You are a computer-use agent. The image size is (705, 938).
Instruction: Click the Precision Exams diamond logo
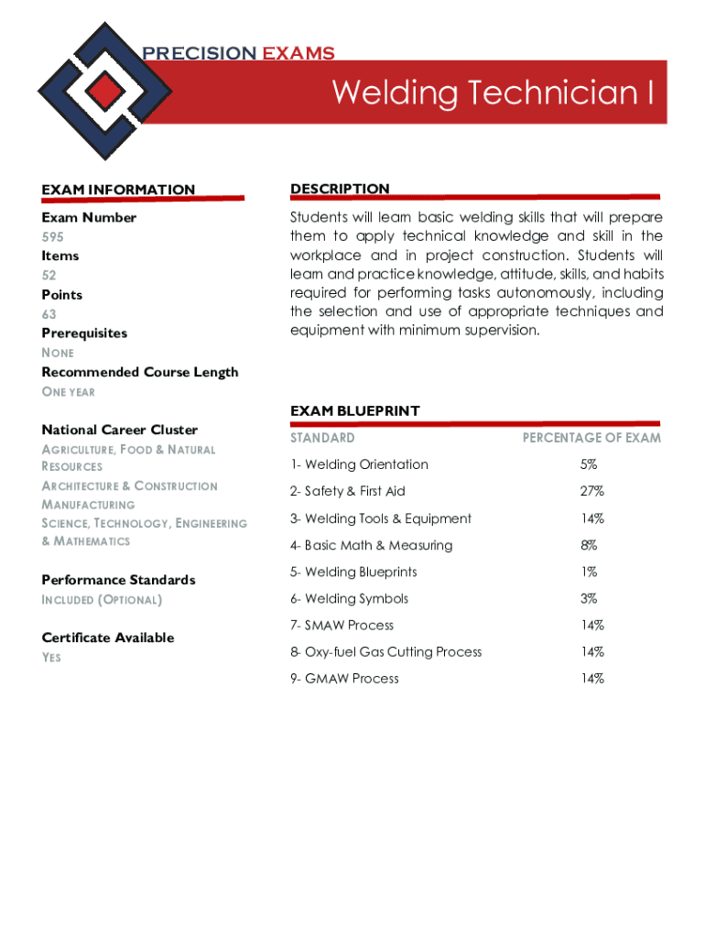click(106, 90)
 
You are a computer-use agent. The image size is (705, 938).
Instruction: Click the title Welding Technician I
click(493, 93)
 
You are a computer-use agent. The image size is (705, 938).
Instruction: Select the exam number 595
click(52, 236)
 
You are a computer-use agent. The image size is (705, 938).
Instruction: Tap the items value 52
click(48, 275)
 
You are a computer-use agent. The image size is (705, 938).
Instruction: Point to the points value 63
click(49, 314)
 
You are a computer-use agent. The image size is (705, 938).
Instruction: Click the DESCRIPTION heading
click(340, 189)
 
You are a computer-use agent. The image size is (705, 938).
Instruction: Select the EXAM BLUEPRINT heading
click(354, 411)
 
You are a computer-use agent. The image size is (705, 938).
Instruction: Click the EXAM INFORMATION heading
click(118, 190)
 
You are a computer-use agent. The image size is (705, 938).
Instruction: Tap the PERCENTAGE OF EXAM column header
click(591, 438)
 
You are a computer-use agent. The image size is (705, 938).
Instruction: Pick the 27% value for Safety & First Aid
click(591, 492)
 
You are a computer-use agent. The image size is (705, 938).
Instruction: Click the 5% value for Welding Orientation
click(588, 464)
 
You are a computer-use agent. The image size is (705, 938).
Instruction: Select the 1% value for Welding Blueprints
click(588, 572)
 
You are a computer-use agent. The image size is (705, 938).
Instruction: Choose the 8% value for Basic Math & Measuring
click(588, 545)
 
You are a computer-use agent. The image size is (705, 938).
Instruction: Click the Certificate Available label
click(107, 638)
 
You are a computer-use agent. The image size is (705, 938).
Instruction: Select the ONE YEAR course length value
click(68, 392)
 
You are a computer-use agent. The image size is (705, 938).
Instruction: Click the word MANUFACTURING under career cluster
click(88, 505)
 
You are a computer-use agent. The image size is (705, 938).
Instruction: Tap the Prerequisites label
click(84, 333)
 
